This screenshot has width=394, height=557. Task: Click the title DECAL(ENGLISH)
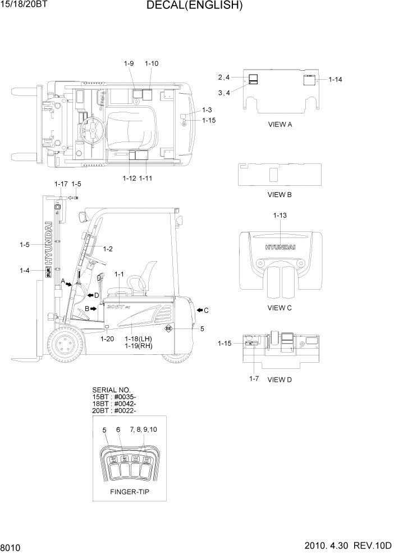click(x=194, y=6)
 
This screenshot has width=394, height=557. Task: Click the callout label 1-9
click(x=129, y=63)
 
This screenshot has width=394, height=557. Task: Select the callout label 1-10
click(x=151, y=63)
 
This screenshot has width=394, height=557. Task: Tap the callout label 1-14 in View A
click(x=335, y=80)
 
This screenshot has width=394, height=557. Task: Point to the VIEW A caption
click(x=280, y=125)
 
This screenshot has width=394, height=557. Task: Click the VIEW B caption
click(x=280, y=195)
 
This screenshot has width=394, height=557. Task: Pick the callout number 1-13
click(x=280, y=216)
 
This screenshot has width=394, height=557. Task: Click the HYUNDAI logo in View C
click(x=280, y=246)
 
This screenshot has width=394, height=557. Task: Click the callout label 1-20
click(x=107, y=339)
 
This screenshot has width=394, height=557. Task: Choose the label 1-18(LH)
click(x=139, y=339)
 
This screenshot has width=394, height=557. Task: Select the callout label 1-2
click(x=107, y=249)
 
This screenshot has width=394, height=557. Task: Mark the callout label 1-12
click(x=130, y=179)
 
